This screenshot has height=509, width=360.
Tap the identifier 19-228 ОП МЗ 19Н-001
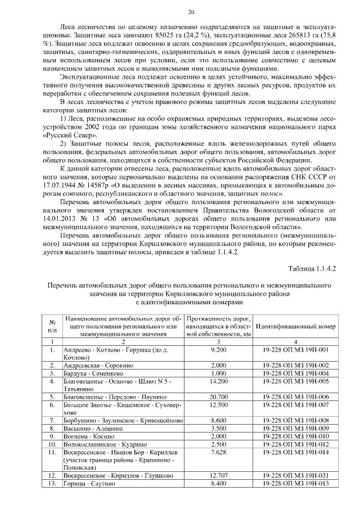295,350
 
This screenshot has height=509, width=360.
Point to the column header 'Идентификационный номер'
295,326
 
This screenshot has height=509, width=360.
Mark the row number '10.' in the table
52,443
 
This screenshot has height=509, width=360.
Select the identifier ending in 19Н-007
295,405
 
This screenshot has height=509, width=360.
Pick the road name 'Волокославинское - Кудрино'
107,443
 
